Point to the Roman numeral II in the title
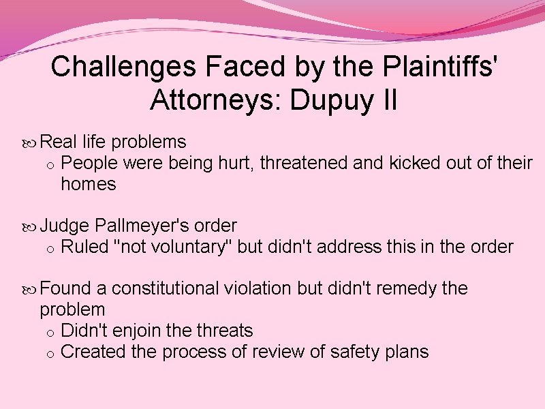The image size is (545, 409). click(x=386, y=100)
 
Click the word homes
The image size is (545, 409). click(x=89, y=183)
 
